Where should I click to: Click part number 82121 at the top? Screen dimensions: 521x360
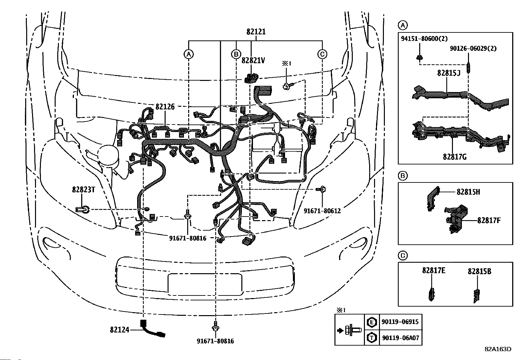[256, 32]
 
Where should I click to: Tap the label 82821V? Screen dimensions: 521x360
[253, 61]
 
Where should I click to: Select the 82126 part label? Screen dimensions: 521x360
[165, 107]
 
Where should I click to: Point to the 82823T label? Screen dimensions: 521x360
[83, 190]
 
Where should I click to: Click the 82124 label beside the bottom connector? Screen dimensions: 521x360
[119, 330]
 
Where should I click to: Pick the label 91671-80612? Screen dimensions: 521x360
[322, 211]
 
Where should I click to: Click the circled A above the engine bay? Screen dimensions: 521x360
[189, 54]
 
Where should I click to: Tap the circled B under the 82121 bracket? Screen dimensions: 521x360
[236, 54]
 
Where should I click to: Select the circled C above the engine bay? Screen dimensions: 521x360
[322, 54]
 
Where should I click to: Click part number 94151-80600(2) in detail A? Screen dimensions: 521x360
[424, 39]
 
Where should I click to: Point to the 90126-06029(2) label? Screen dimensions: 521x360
[473, 48]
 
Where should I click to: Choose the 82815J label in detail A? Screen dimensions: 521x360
[449, 73]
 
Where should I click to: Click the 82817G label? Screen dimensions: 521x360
[455, 157]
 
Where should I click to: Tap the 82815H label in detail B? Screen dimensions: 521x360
[468, 192]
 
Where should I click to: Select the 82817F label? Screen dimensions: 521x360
[489, 220]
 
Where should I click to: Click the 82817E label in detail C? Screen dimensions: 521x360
[434, 271]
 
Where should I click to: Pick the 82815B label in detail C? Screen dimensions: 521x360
[479, 272]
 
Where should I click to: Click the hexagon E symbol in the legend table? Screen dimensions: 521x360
[372, 322]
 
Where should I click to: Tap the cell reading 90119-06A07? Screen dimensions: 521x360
[401, 338]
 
